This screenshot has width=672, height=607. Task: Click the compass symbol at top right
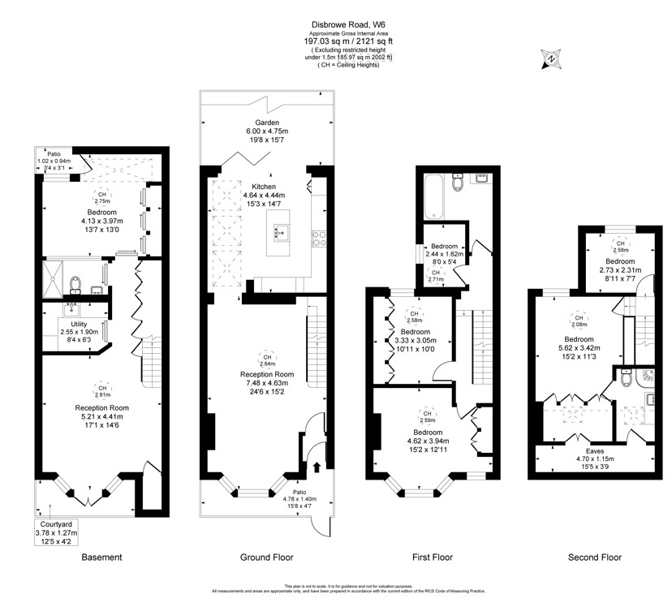click(x=551, y=58)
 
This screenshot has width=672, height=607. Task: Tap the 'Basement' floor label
click(x=102, y=557)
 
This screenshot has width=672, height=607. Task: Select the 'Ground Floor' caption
click(x=267, y=557)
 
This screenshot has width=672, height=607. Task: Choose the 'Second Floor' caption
click(x=595, y=557)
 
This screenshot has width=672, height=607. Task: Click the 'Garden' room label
click(x=266, y=122)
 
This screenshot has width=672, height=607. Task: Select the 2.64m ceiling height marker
click(x=266, y=360)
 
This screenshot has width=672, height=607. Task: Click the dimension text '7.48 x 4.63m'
click(x=266, y=385)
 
